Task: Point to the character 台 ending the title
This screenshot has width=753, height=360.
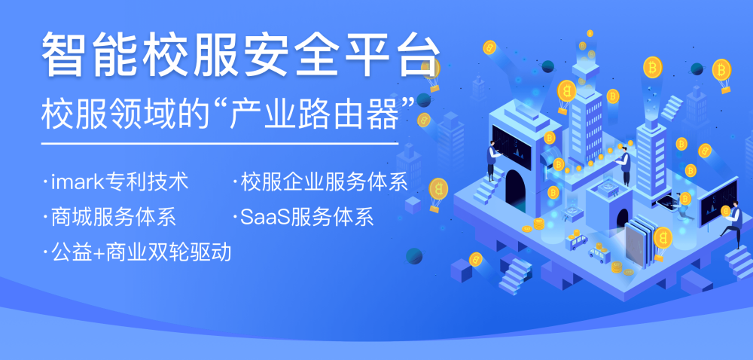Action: point(416,54)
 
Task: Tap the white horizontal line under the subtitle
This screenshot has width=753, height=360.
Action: point(219,143)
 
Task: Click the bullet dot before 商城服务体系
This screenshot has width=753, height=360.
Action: point(45,218)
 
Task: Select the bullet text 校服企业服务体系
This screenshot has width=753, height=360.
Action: point(325,183)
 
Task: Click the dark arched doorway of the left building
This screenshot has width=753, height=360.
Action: point(515,190)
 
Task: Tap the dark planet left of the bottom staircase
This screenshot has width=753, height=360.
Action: point(413,256)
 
